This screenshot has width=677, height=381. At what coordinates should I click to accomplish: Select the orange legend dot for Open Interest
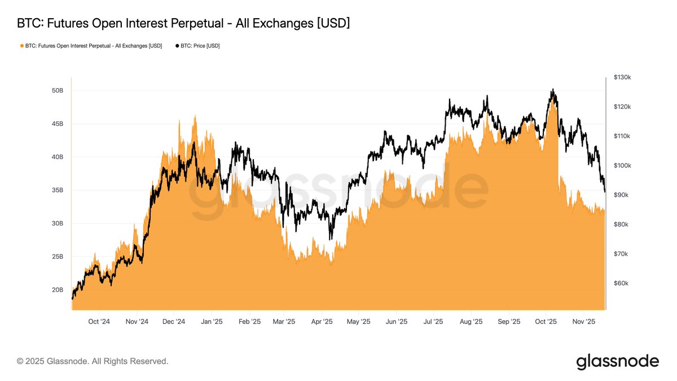pos(22,46)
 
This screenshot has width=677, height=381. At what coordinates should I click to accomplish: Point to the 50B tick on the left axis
pos(57,90)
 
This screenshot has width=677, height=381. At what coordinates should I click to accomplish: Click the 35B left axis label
pos(57,190)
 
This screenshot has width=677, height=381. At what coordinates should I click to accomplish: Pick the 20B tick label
pos(57,290)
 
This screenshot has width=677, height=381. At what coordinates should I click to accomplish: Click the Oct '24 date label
pos(99,322)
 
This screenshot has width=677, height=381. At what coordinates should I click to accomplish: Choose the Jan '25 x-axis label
pos(211,322)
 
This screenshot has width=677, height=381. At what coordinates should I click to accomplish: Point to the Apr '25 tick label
pos(321,322)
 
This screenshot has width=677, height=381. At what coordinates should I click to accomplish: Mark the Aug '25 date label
pos(471,322)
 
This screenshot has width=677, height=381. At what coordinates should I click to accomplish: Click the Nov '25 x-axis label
pos(584,322)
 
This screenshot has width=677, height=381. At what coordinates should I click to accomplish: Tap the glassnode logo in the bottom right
pos(617,361)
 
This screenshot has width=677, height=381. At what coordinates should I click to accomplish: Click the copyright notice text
pos(93,361)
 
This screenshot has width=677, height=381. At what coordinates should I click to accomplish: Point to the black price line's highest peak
pos(553,89)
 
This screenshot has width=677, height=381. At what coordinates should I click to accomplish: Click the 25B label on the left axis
pos(57,257)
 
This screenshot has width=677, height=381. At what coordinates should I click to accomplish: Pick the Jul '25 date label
pos(433,322)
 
